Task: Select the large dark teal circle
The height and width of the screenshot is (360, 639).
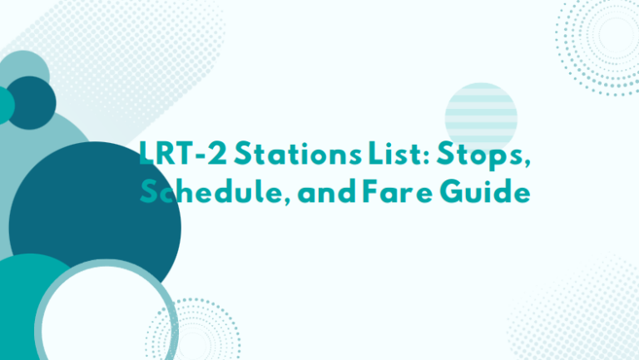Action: pyautogui.click(x=94, y=220)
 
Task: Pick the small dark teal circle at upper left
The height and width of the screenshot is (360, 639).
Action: pyautogui.click(x=31, y=101)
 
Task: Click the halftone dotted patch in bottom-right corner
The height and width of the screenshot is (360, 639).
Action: pyautogui.click(x=582, y=316)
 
